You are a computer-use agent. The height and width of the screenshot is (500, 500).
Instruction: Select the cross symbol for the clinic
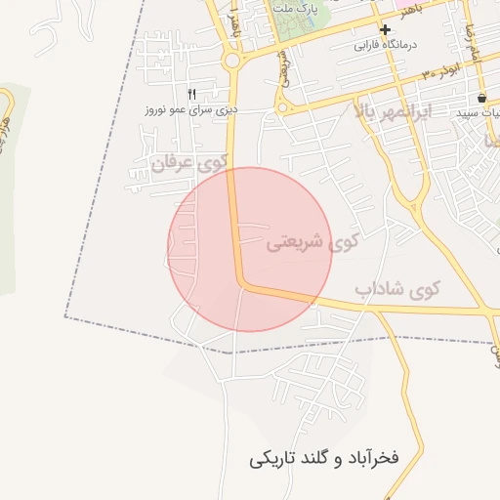pyautogui.click(x=386, y=30)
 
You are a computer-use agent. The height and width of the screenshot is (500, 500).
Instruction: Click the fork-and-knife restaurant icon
pyautogui.click(x=192, y=95)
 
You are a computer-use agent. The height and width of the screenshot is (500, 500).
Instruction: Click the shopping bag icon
pyautogui.click(x=481, y=99)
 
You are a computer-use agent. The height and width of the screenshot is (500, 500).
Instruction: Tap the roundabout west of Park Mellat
pyautogui.click(x=232, y=61)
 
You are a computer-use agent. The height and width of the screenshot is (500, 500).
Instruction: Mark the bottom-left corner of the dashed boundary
pyautogui.click(x=65, y=316)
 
